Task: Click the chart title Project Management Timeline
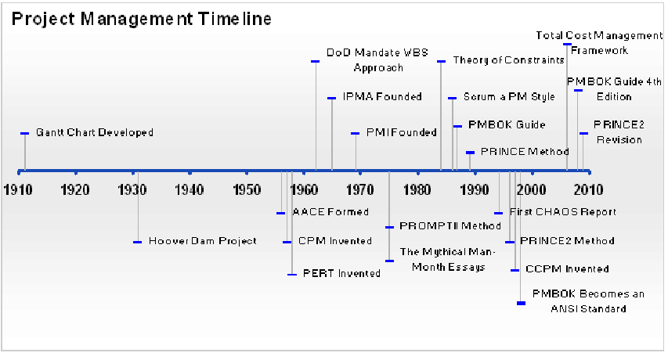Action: click(141, 20)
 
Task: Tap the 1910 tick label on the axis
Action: click(18, 190)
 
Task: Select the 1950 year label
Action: click(247, 190)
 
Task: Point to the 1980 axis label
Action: click(417, 190)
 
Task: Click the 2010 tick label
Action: click(589, 190)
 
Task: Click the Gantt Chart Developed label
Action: click(95, 133)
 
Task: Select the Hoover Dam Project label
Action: click(202, 241)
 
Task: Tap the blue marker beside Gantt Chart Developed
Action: click(25, 134)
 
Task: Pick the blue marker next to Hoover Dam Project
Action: click(137, 242)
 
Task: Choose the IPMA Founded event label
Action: click(382, 97)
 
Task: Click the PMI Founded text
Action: click(401, 133)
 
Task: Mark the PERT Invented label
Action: click(341, 274)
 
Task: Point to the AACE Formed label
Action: click(330, 212)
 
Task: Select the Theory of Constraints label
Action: click(509, 60)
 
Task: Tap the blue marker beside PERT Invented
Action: click(292, 275)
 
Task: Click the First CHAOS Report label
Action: click(563, 212)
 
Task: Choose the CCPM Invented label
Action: click(567, 269)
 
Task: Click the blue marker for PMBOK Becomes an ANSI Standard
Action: click(521, 304)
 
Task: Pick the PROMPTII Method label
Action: click(450, 226)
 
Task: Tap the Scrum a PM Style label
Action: click(509, 97)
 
